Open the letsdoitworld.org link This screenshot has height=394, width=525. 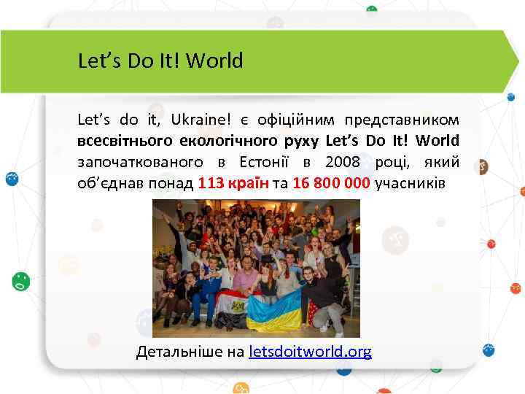[x=310, y=352]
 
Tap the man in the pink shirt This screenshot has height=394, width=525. [x=252, y=277]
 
